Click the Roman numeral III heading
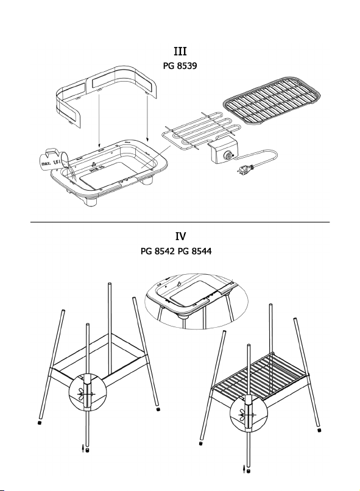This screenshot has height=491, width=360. click(x=180, y=51)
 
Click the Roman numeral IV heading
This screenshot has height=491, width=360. click(x=180, y=236)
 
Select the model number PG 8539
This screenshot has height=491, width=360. click(x=180, y=66)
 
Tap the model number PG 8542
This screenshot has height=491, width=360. click(x=157, y=251)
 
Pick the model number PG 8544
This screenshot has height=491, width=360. click(x=195, y=251)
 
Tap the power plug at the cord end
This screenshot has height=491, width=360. click(x=245, y=169)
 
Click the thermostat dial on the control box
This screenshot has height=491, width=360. click(x=229, y=155)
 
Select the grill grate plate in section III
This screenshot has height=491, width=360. click(x=272, y=100)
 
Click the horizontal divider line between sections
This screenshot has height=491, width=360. click(x=180, y=222)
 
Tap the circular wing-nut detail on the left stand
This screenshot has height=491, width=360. click(x=88, y=392)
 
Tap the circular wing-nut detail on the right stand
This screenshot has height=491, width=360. click(x=249, y=414)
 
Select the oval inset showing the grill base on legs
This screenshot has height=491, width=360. click(x=196, y=300)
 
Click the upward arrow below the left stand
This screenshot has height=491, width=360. click(x=83, y=448)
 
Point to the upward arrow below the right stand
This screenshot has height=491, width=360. click(x=244, y=469)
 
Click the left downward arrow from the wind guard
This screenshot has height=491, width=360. click(x=99, y=120)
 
